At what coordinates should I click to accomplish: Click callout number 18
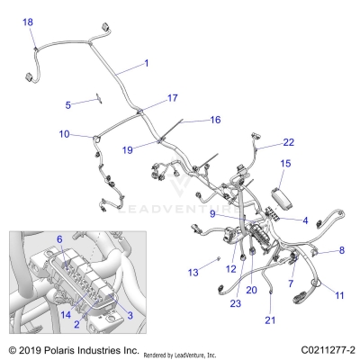(27, 22)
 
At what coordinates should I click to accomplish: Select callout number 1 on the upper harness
(146, 64)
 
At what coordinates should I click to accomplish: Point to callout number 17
(172, 98)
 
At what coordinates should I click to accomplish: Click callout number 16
(215, 119)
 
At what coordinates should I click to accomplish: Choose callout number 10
(64, 134)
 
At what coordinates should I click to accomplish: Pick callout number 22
(288, 142)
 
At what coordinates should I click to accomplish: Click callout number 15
(285, 164)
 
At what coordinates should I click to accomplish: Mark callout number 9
(212, 214)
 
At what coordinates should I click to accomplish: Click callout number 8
(342, 250)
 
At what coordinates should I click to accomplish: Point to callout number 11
(339, 294)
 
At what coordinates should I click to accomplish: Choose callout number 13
(193, 272)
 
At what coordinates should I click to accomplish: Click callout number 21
(269, 319)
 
